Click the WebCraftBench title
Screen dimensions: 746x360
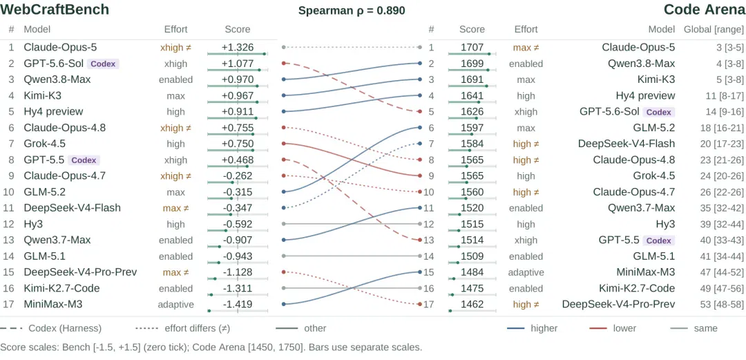pos(55,10)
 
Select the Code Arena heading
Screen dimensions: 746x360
pos(705,10)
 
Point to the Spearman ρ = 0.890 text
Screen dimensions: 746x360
pos(352,10)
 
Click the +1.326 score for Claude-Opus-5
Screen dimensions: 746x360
pos(238,48)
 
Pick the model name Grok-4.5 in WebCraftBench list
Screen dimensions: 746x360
pos(45,144)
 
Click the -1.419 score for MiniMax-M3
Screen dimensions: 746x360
pos(238,304)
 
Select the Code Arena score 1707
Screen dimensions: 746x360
pos(472,48)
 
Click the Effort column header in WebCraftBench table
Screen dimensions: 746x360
pos(176,30)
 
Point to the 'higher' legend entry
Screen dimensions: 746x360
pos(532,328)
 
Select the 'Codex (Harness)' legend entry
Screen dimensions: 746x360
pos(50,328)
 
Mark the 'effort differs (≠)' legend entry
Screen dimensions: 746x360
pos(182,328)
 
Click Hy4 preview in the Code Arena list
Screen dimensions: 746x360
pos(645,96)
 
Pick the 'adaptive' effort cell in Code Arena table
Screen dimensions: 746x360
pos(526,272)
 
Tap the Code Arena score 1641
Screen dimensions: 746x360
pos(472,96)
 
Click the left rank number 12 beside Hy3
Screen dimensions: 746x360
pos(11,225)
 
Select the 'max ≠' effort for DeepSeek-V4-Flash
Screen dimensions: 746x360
pos(176,208)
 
